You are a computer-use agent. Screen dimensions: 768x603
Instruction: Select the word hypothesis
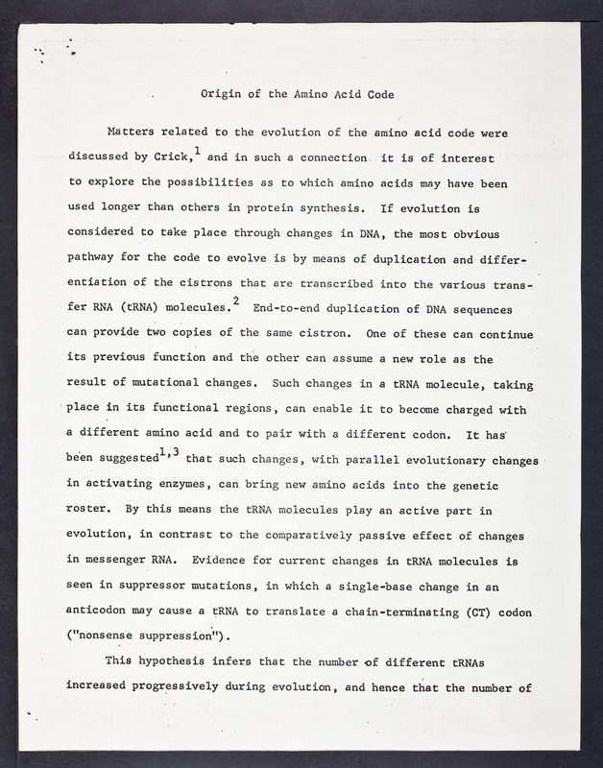click(x=181, y=660)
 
